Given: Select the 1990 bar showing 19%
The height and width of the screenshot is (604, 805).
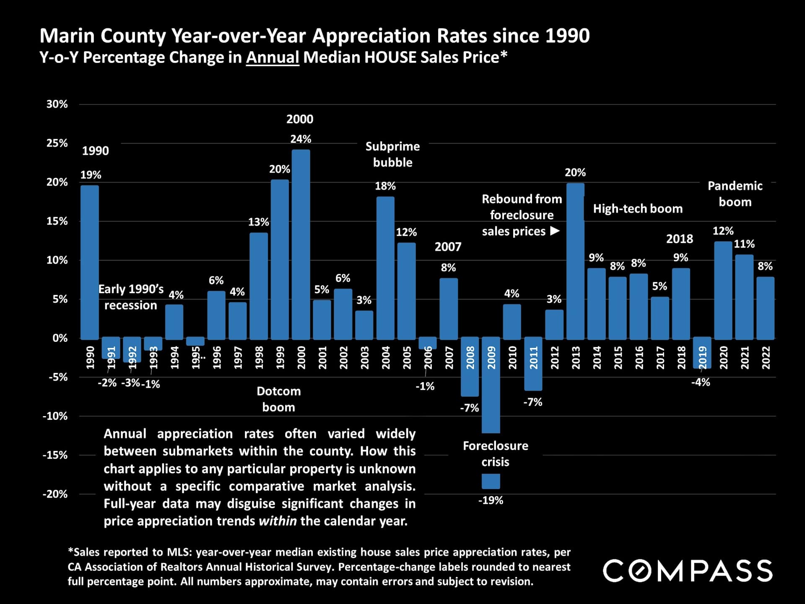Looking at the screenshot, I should (90, 262).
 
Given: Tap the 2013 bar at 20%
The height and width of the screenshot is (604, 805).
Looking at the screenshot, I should (575, 261).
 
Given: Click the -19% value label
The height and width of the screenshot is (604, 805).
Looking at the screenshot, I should (491, 500).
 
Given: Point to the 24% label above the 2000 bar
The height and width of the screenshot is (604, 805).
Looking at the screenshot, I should (301, 139).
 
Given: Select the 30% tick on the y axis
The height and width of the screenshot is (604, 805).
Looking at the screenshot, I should (57, 104).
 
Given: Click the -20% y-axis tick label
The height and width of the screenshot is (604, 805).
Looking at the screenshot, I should (55, 494).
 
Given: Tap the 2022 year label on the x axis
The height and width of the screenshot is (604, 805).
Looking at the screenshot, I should (766, 357).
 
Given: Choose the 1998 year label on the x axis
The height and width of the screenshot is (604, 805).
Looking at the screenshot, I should (259, 357).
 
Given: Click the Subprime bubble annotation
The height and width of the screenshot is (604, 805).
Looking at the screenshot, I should (392, 154).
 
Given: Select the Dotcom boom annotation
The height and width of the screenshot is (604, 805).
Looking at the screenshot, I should (279, 399).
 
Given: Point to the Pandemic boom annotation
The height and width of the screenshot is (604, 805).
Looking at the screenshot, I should (735, 194).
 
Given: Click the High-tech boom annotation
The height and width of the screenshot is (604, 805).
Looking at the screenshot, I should (638, 208).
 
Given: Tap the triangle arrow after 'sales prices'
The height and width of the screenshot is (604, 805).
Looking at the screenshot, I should (555, 231).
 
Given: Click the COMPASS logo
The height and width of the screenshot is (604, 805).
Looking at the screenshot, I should (688, 570).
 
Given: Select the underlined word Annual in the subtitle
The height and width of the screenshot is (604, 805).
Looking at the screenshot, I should (273, 57).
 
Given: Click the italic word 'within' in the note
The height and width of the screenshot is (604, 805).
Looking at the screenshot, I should (278, 521).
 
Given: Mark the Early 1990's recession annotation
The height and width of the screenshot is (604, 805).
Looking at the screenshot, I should (131, 297).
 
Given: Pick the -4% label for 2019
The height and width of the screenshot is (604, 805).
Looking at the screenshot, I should (701, 382).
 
